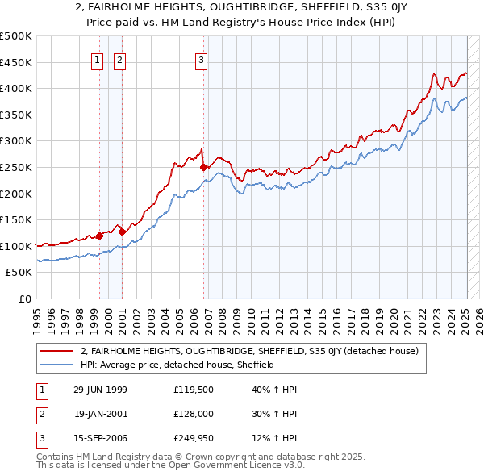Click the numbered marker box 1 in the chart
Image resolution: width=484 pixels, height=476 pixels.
(98, 59)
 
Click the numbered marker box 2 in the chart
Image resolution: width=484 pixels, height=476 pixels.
(119, 59)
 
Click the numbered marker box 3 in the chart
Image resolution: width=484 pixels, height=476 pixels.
(201, 59)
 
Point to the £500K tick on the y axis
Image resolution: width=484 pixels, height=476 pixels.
(16, 36)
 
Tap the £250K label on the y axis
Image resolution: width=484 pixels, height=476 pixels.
(16, 167)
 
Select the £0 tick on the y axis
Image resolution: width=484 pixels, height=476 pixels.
(26, 299)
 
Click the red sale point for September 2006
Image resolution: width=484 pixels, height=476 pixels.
(203, 168)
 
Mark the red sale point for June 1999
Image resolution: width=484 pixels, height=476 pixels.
(100, 236)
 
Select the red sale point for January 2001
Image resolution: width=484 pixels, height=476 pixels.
(122, 232)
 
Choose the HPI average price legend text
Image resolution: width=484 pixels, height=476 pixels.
(177, 365)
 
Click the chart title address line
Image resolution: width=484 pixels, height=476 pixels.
(242, 8)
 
